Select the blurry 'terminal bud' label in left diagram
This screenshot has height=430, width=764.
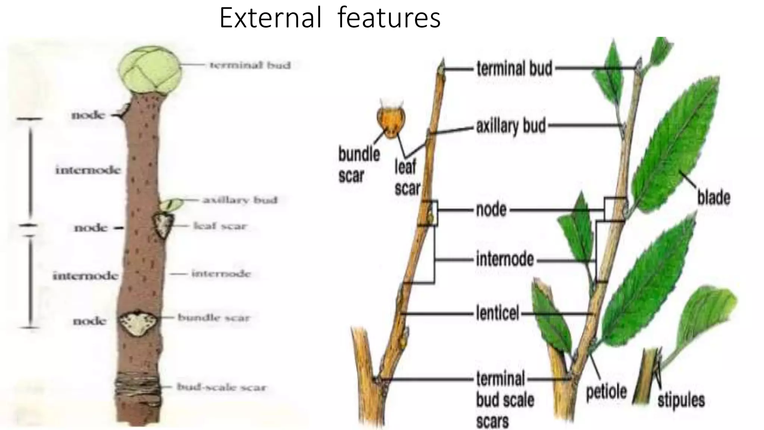tap(250, 65)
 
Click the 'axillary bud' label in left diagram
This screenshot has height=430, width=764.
tap(240, 200)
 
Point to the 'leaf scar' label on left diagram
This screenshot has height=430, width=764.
tap(220, 226)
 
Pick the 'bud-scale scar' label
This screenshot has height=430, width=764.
tap(222, 387)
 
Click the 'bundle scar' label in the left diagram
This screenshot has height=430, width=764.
tap(213, 318)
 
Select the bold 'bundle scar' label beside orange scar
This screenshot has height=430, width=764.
tap(358, 165)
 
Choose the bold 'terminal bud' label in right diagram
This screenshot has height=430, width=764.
tap(514, 69)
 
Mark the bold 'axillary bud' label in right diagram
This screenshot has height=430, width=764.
tap(511, 126)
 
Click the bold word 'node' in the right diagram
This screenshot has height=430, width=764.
tap(491, 210)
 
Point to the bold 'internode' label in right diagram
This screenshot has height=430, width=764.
tap(505, 259)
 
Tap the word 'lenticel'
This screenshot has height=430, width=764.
tap(497, 313)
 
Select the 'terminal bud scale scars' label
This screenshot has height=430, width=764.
tap(505, 399)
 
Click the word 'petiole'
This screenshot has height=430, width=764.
tap(606, 392)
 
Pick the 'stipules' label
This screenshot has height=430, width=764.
tap(681, 400)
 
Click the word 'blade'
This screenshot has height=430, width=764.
tap(714, 197)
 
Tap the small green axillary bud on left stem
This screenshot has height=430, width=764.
tap(172, 204)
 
